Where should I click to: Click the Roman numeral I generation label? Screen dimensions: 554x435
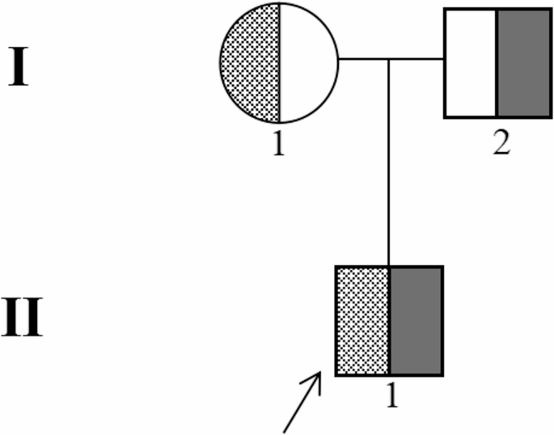(20, 68)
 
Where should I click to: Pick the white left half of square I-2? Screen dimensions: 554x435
(470, 64)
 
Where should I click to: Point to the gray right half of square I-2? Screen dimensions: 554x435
(522, 64)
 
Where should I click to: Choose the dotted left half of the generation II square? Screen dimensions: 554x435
(363, 320)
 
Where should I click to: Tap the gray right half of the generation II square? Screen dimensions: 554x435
(416, 320)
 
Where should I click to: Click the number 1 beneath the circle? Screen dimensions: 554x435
(279, 146)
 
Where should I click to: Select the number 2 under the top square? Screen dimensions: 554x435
(501, 146)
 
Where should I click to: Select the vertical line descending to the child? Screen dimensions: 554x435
(390, 162)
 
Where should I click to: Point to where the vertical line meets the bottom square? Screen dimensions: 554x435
(390, 266)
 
